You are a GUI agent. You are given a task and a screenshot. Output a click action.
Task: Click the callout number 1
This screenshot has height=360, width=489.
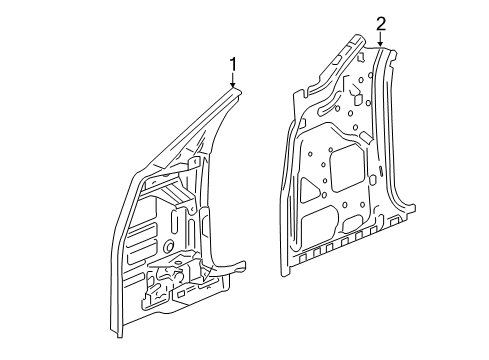(x=233, y=66)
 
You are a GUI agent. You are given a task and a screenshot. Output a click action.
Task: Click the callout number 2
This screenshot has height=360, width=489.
(x=380, y=23)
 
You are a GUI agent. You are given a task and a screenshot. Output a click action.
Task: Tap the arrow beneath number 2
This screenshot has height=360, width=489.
(x=380, y=41)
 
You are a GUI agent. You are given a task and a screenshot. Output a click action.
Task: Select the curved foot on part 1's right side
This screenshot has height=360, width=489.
(x=238, y=267)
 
